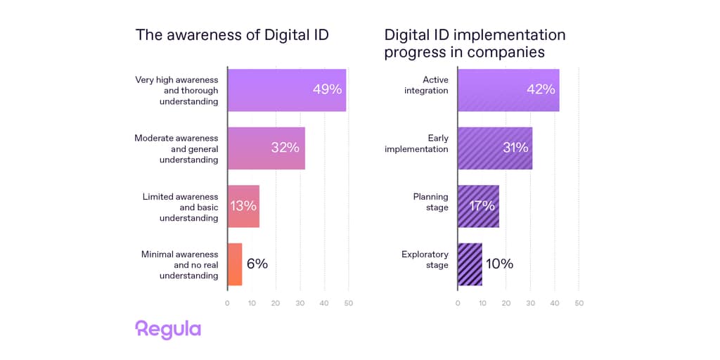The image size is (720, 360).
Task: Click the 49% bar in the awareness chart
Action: pyautogui.click(x=287, y=90)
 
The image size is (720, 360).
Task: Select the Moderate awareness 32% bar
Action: pyautogui.click(x=266, y=148)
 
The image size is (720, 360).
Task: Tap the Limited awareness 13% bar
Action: pyautogui.click(x=243, y=207)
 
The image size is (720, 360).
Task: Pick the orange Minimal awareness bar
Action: pyautogui.click(x=235, y=264)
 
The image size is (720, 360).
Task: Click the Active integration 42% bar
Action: pyautogui.click(x=508, y=90)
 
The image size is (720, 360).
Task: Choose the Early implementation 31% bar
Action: pyautogui.click(x=495, y=148)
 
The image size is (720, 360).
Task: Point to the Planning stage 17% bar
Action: pyautogui.click(x=478, y=207)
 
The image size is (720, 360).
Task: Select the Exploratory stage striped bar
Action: pyautogui.click(x=470, y=264)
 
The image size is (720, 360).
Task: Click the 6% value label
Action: pyautogui.click(x=257, y=264)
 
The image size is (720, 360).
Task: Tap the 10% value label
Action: pyautogui.click(x=499, y=264)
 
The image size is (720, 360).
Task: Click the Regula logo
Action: pyautogui.click(x=168, y=330)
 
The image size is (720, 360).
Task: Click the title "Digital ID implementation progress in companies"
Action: pyautogui.click(x=475, y=43)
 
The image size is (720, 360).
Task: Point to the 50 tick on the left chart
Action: pyautogui.click(x=348, y=303)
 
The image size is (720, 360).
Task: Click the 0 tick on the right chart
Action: pyautogui.click(x=458, y=303)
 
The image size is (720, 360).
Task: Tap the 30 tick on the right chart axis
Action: pyautogui.click(x=530, y=303)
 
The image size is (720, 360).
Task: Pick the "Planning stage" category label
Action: pyautogui.click(x=430, y=202)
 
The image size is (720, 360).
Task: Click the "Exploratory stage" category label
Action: pyautogui.click(x=425, y=259)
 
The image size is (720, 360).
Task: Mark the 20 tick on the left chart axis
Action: pyautogui.click(x=276, y=303)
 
